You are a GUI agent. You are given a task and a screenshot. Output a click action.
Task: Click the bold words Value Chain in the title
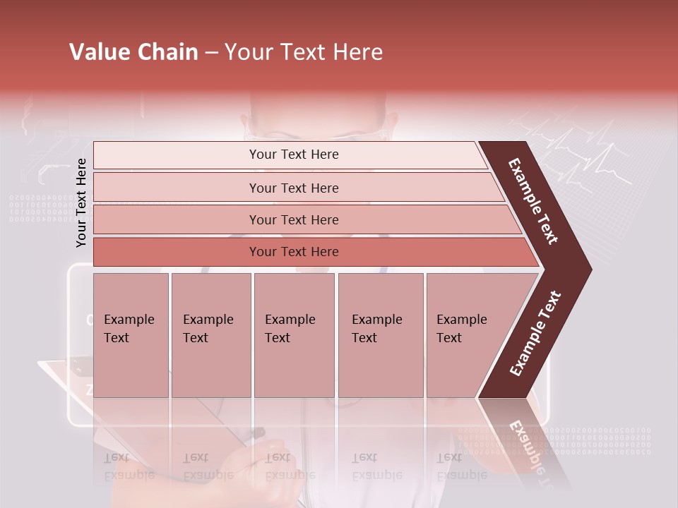click(x=133, y=52)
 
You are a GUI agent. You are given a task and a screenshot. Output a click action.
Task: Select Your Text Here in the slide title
click(x=304, y=52)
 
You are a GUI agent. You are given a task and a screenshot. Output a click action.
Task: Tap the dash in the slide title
click(x=211, y=53)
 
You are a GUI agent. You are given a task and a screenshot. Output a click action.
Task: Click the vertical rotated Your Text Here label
click(x=82, y=203)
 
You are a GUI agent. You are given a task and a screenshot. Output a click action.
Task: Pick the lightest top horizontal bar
click(x=293, y=155)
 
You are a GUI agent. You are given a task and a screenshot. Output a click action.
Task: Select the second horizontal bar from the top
click(x=293, y=188)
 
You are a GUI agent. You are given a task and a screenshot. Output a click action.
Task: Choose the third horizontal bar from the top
click(x=293, y=219)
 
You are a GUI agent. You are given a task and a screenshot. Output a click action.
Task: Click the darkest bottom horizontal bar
click(x=293, y=252)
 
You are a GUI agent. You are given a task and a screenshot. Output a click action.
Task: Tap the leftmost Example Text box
click(x=131, y=335)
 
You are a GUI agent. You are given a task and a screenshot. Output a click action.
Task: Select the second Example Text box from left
click(x=210, y=335)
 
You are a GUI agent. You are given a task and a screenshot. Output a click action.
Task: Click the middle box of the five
click(x=294, y=335)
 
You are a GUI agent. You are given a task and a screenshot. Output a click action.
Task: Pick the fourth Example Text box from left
click(x=381, y=335)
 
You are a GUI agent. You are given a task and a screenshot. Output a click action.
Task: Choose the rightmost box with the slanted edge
click(x=466, y=335)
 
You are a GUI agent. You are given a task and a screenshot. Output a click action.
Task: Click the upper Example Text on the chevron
click(x=533, y=201)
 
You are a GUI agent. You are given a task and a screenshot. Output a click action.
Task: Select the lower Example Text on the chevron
click(x=535, y=333)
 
